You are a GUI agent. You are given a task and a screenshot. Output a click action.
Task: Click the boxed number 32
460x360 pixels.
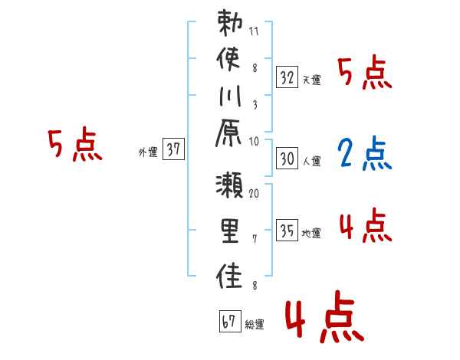287,77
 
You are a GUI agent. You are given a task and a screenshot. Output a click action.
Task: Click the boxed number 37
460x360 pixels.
173,150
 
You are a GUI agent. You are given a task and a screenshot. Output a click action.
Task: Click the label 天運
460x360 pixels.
311,80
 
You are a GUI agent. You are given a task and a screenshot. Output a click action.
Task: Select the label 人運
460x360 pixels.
311,161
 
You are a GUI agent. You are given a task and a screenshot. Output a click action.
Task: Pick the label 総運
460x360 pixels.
255,325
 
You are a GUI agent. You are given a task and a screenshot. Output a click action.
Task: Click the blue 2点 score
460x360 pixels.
364,154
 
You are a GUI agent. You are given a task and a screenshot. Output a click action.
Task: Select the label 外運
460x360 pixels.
147,152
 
